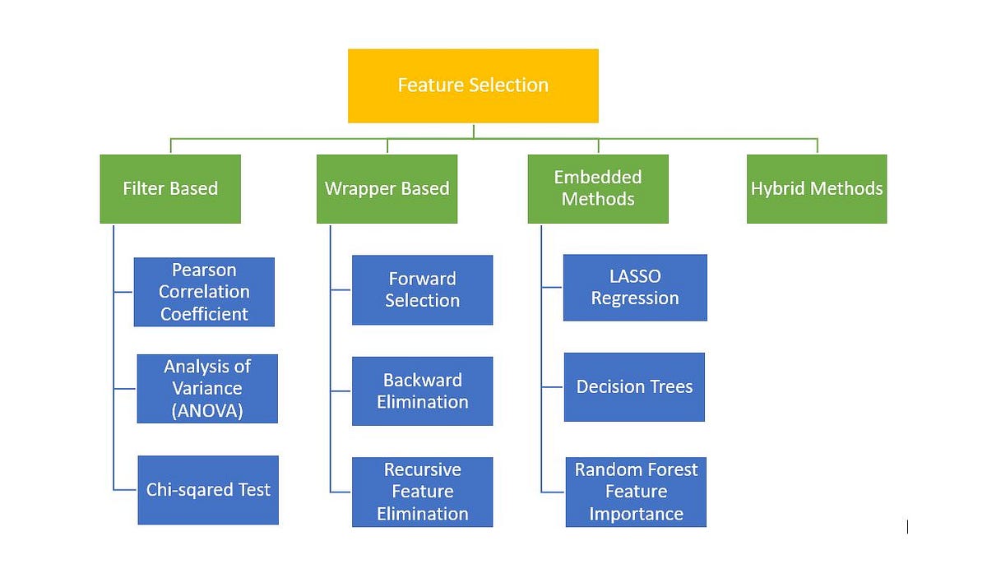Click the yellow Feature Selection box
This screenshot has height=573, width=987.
(473, 85)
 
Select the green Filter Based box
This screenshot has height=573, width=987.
(170, 188)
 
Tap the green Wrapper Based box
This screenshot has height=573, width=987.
(387, 188)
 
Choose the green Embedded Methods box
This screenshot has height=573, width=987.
(598, 188)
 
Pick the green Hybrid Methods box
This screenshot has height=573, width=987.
(817, 188)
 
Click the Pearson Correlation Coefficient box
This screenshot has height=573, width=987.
(204, 292)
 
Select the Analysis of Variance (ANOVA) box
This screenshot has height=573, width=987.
(207, 389)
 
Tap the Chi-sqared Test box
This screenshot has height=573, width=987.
(208, 490)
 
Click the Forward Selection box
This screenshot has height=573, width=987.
(422, 289)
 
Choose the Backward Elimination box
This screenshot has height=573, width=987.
(422, 391)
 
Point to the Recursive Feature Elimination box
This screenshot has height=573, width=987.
(422, 492)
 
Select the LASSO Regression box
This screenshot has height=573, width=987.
(635, 288)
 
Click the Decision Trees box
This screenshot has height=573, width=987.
(634, 387)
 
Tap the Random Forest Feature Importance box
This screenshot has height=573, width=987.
(636, 492)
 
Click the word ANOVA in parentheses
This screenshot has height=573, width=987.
(207, 411)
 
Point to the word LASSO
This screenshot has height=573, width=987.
(635, 276)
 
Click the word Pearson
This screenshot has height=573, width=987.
(204, 270)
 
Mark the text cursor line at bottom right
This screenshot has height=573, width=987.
(907, 527)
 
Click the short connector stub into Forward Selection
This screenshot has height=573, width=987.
(341, 289)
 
